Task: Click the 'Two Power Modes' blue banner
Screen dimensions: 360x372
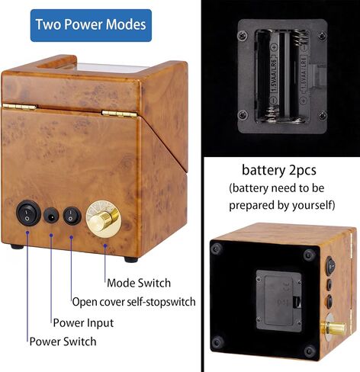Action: pos(91,25)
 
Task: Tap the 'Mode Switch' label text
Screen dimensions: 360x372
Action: pos(139,283)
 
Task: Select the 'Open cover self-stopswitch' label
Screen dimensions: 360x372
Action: pos(134,302)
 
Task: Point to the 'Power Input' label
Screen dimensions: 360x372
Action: pos(83,323)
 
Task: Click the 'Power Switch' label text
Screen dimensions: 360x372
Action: pos(63,342)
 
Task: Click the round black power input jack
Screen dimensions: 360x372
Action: pos(51,216)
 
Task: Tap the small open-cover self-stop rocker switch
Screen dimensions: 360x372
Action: pos(72,216)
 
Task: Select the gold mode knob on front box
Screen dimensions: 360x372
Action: pos(104,220)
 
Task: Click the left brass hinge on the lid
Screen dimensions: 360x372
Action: pos(20,107)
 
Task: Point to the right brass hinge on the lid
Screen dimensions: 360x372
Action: pos(120,114)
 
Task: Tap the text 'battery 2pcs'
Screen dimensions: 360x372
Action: pos(279,170)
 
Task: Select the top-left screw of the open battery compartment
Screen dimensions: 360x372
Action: pos(243,35)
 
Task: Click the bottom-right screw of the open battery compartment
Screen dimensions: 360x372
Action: pos(323,115)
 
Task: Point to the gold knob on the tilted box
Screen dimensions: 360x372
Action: pos(333,328)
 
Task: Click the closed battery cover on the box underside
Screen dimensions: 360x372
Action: pos(279,301)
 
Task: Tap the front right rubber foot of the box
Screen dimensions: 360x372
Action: pos(131,259)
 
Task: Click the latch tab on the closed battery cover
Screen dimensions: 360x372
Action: pos(297,301)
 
